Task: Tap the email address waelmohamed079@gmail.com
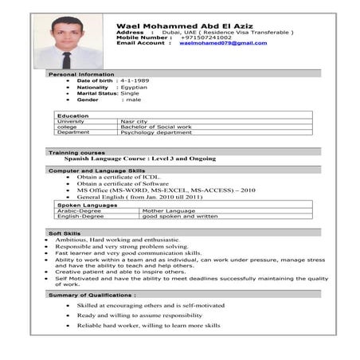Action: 222,43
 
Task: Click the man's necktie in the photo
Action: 67,57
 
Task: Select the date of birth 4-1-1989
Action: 135,80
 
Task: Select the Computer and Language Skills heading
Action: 96,170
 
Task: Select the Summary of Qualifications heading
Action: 92,295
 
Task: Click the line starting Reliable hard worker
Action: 149,325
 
